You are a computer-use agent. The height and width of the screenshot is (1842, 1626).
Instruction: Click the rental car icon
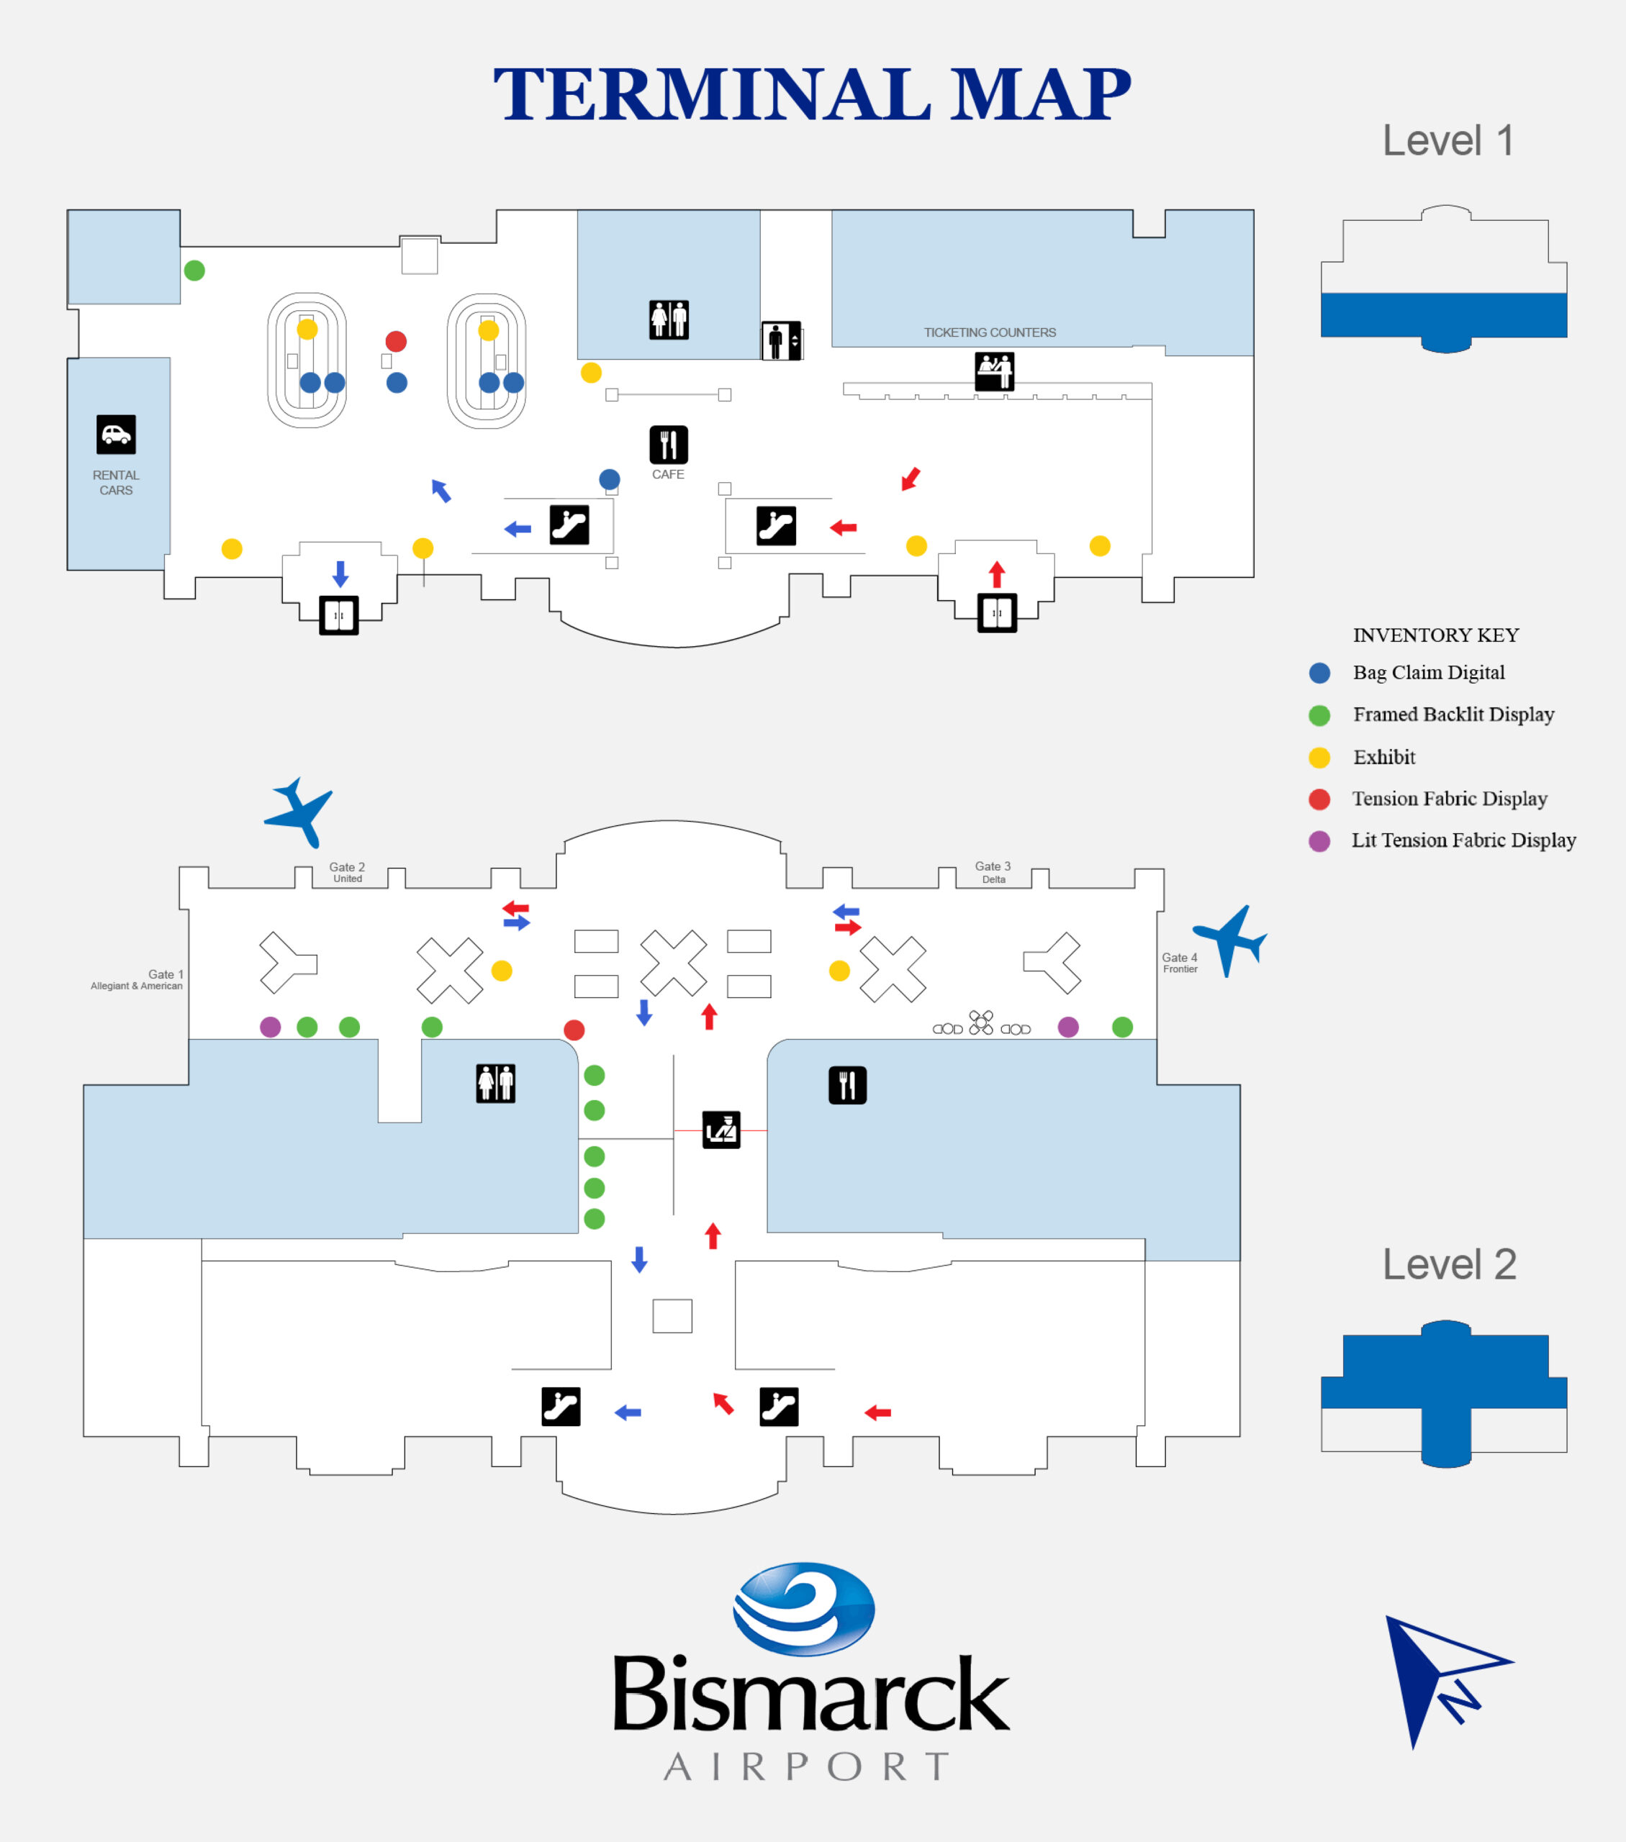[117, 435]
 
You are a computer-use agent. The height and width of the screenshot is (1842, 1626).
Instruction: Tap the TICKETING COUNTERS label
[990, 332]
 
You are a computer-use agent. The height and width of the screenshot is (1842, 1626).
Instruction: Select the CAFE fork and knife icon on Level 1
[669, 444]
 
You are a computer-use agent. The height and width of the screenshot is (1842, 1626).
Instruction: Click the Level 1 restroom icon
[669, 320]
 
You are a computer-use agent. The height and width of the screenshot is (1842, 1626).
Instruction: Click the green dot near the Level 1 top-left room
[194, 271]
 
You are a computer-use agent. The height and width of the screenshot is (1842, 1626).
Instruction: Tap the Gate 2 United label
[347, 872]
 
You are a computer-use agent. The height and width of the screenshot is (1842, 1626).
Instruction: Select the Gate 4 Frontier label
[1180, 963]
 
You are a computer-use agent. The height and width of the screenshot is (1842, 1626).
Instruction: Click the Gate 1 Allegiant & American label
[137, 979]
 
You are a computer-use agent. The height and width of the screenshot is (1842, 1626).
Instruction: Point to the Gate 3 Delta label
[993, 872]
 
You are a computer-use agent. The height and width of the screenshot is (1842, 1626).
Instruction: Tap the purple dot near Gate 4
[1068, 1027]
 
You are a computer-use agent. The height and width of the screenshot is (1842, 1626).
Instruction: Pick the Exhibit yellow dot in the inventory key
[1319, 758]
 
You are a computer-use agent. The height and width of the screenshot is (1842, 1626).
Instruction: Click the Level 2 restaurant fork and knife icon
[847, 1085]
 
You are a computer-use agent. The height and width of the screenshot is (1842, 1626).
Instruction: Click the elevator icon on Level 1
[782, 340]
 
